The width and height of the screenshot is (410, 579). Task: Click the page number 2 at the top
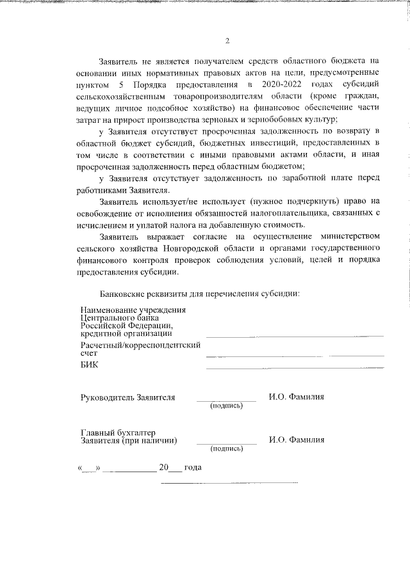tap(227, 42)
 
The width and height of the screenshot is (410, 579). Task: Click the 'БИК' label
tap(89, 365)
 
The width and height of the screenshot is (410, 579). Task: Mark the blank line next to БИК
tap(295, 367)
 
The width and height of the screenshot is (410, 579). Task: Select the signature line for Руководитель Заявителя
tap(226, 401)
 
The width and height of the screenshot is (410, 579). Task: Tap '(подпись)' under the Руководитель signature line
tap(226, 406)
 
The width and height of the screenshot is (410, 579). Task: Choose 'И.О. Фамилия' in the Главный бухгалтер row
tap(297, 440)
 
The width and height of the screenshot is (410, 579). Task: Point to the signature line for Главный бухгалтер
tap(226, 444)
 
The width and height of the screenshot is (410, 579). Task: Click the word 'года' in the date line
tap(193, 468)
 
